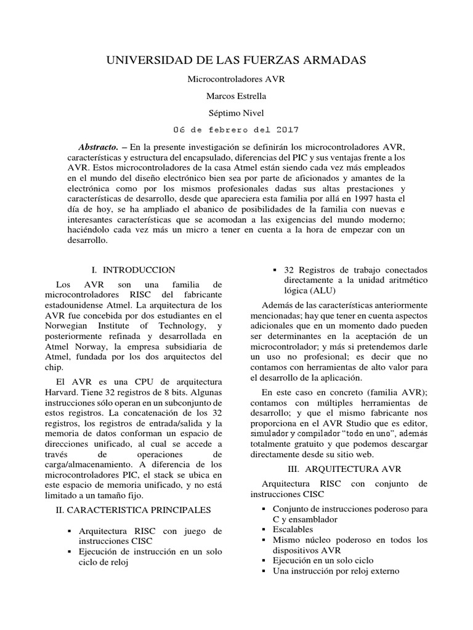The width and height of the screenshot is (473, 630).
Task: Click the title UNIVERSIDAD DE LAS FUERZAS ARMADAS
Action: coord(236,60)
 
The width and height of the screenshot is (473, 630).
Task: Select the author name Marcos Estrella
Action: coord(236,96)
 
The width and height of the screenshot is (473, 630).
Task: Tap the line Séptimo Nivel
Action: coord(236,113)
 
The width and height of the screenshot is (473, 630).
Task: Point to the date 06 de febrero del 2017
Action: coord(236,130)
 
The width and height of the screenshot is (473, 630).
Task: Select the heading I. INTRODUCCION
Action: coord(133,269)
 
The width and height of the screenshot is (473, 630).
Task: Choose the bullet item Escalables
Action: coord(293,529)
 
